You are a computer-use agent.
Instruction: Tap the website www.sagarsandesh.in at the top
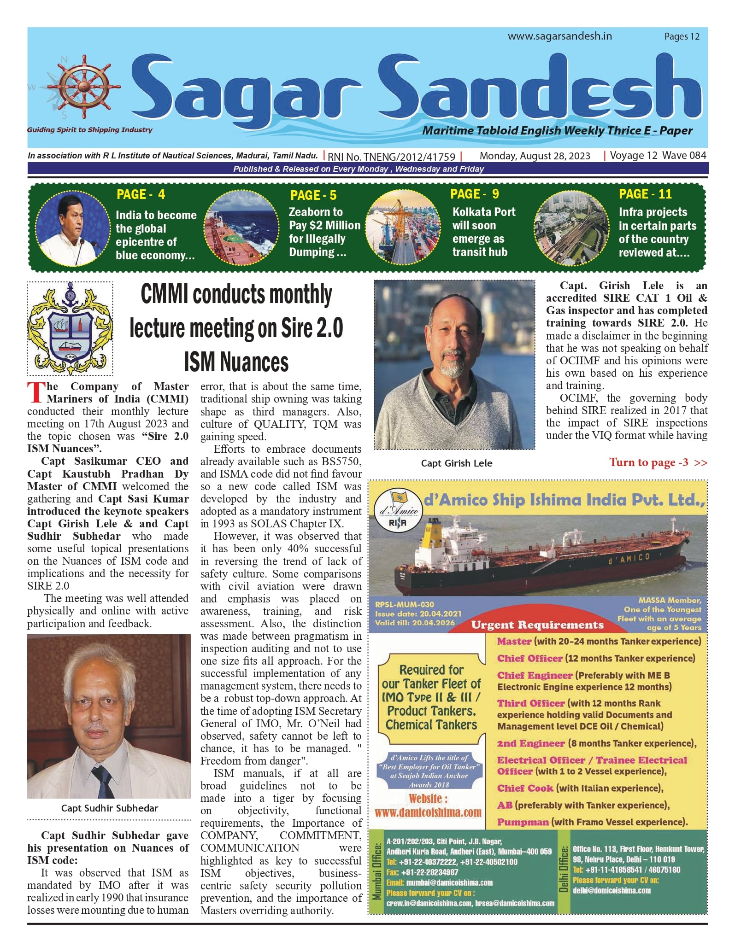(559, 36)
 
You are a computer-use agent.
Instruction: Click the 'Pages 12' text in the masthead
(682, 36)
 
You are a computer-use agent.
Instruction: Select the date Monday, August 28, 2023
(535, 156)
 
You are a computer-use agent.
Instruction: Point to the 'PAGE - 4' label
(141, 194)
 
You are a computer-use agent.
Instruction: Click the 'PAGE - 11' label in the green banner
(645, 194)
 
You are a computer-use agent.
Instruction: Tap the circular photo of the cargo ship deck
(241, 227)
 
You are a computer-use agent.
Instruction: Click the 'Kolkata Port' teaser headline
(484, 212)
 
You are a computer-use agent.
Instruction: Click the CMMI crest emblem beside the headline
(70, 328)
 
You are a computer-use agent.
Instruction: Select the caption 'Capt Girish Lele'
(456, 463)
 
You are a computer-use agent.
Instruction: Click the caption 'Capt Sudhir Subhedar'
(110, 808)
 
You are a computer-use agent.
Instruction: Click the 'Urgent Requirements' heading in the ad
(537, 625)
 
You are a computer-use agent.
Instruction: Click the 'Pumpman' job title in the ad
(523, 822)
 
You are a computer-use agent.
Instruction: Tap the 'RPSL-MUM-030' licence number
(404, 604)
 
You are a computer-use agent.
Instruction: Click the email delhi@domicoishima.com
(611, 890)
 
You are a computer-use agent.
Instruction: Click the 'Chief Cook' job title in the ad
(525, 788)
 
